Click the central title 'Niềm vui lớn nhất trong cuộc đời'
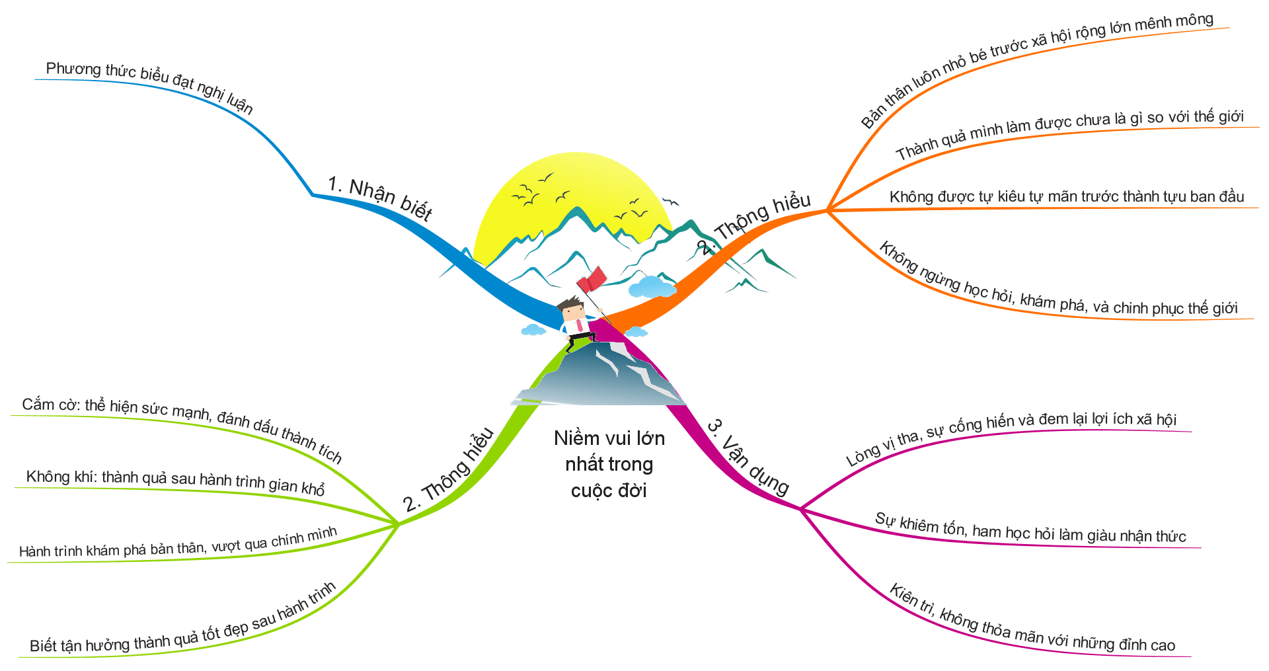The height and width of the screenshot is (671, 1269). click(609, 464)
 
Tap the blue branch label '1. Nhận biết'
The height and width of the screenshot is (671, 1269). click(380, 198)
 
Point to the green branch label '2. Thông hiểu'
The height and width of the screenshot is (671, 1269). click(449, 471)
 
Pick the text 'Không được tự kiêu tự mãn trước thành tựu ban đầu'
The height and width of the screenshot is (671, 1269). click(1066, 197)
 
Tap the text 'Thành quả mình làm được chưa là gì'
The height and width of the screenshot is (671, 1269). click(1069, 134)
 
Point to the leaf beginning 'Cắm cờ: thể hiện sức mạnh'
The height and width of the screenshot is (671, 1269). click(182, 426)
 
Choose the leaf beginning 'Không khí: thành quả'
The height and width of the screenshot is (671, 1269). click(175, 481)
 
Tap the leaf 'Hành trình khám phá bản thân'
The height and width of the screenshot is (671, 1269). click(178, 543)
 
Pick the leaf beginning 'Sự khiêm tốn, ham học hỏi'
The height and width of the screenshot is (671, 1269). click(1030, 528)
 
